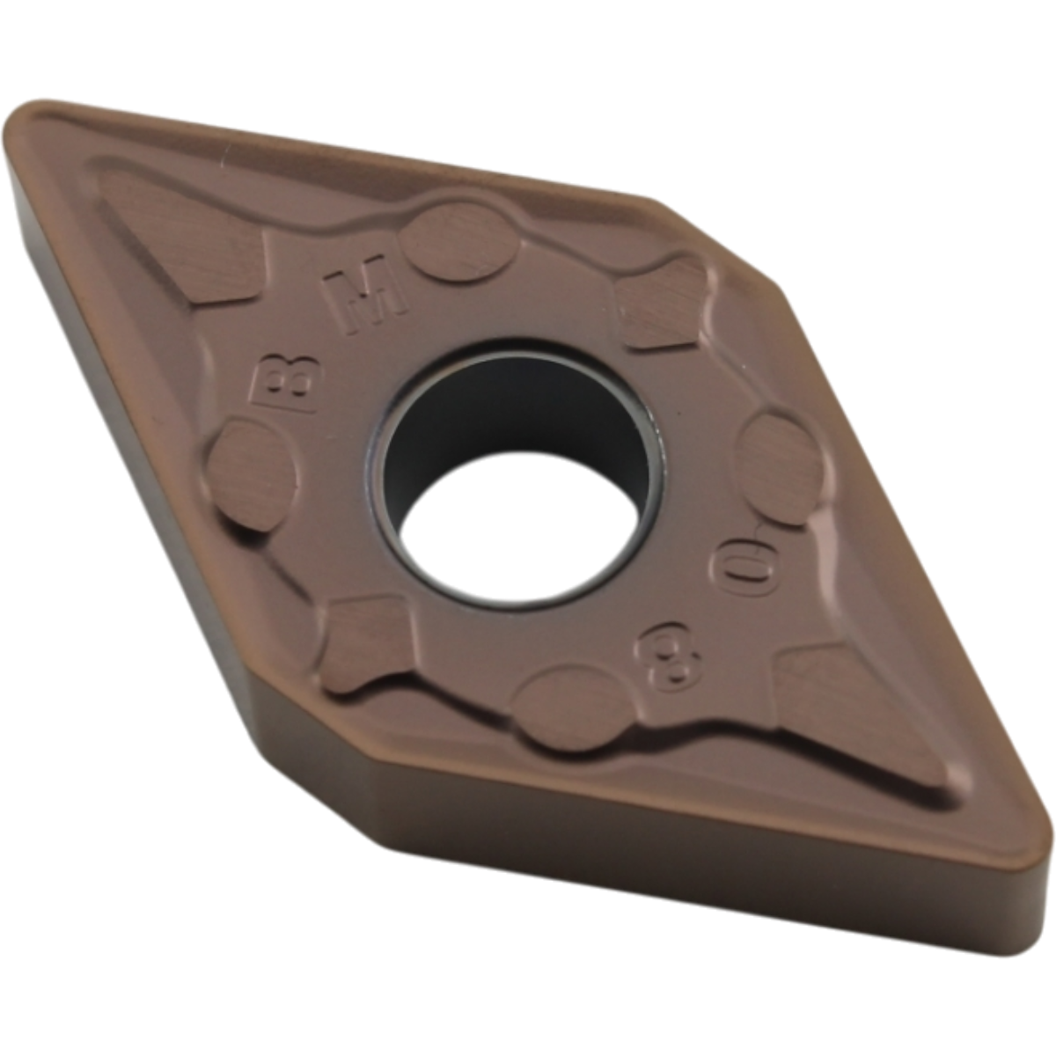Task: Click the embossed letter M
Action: pyautogui.click(x=366, y=294)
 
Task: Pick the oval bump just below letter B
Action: pyautogui.click(x=252, y=473)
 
